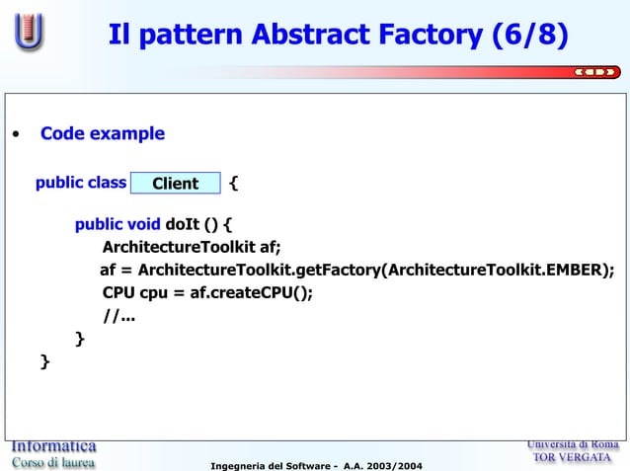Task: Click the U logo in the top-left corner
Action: [x=29, y=33]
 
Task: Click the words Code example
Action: [x=102, y=133]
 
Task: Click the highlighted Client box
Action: [x=175, y=184]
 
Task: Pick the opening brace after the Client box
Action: [x=233, y=183]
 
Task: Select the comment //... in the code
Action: [x=118, y=316]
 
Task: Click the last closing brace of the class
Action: [x=43, y=362]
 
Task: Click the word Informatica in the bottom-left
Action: [x=53, y=445]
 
